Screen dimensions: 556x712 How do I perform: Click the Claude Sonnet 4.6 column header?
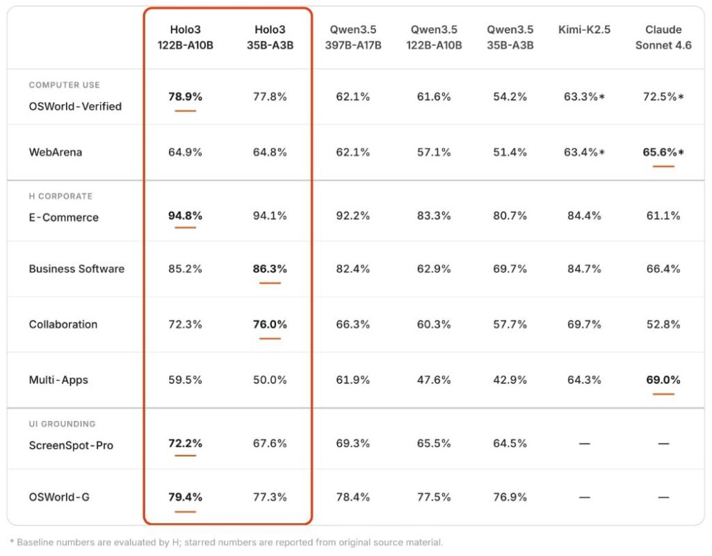[x=663, y=38]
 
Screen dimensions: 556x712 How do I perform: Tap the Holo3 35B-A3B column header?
[x=270, y=38]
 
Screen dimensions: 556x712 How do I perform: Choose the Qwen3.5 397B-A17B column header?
[x=353, y=38]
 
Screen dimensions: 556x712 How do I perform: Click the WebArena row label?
[x=55, y=152]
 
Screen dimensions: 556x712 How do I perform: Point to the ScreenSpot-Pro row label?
[x=70, y=445]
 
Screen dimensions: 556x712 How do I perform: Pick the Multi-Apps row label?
[x=58, y=380]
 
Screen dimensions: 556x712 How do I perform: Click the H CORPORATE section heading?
[x=60, y=196]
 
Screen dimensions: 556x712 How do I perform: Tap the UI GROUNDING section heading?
[x=62, y=424]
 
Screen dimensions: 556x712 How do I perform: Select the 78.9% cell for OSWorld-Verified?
[x=185, y=97]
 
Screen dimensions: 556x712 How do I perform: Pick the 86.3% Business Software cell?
[x=270, y=269]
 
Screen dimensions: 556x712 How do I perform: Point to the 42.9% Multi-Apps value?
[x=510, y=380]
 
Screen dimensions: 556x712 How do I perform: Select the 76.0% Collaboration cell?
[x=270, y=324]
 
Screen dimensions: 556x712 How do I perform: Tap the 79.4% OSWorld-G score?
[x=185, y=497]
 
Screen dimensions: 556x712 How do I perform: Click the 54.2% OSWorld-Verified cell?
[x=510, y=97]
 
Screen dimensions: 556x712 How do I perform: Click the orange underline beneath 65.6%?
[x=663, y=166]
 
